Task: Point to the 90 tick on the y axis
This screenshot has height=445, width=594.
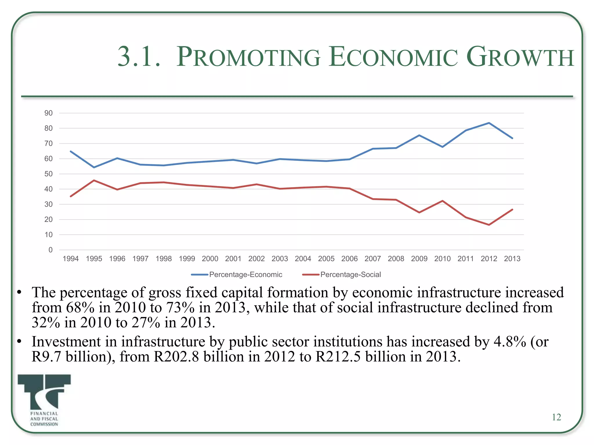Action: coord(48,113)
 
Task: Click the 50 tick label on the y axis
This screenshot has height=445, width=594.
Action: coord(48,174)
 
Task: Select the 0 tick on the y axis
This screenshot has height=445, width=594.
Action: coord(50,250)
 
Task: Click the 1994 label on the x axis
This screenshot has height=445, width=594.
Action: coord(70,259)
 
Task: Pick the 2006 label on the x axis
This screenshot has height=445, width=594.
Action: coord(349,259)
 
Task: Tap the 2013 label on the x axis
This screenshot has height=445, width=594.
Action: coord(512,259)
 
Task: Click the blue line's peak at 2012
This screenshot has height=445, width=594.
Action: coord(489,123)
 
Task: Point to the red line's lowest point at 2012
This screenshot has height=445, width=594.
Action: coord(489,225)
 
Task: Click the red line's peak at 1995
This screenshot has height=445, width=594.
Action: coord(94,180)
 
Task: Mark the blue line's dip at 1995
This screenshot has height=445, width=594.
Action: coord(94,167)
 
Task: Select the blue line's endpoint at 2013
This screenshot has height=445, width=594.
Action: coord(512,138)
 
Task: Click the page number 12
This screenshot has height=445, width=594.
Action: coord(556,417)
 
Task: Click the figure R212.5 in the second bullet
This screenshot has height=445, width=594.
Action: coord(338,357)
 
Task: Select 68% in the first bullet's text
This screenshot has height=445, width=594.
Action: coord(80,307)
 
